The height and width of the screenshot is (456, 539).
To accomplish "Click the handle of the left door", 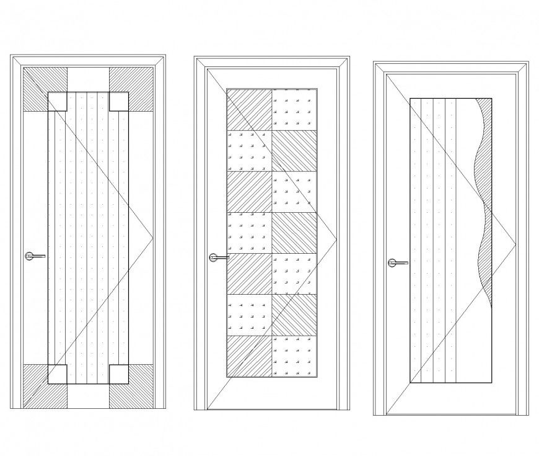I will (35, 256).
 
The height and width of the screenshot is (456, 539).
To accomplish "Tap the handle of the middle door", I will (218, 256).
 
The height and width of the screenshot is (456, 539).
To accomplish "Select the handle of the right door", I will (397, 262).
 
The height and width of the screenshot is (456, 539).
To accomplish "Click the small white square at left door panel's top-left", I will (57, 102).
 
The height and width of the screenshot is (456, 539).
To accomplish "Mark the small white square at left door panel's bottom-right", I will (119, 374).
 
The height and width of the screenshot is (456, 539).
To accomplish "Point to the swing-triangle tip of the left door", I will (152, 237).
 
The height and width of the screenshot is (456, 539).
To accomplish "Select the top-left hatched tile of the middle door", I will (249, 109).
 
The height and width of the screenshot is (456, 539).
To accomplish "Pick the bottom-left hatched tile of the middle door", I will (249, 355).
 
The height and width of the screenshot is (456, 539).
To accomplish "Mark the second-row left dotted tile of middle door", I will (249, 150).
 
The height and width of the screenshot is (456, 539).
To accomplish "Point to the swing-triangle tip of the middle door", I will (335, 236).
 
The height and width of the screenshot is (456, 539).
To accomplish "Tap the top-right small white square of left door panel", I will (119, 102).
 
